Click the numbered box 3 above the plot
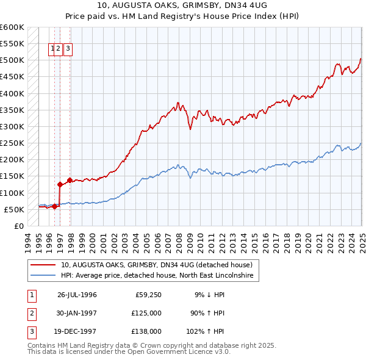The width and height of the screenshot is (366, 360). (x=68, y=49)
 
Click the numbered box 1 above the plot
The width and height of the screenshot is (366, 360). (x=52, y=49)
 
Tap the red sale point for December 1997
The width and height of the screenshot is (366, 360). (x=70, y=180)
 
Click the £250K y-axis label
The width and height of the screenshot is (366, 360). (x=12, y=143)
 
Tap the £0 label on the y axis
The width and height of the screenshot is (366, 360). (x=18, y=226)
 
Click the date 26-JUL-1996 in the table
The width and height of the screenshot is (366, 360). (x=77, y=295)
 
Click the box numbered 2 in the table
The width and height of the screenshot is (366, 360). (x=31, y=313)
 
